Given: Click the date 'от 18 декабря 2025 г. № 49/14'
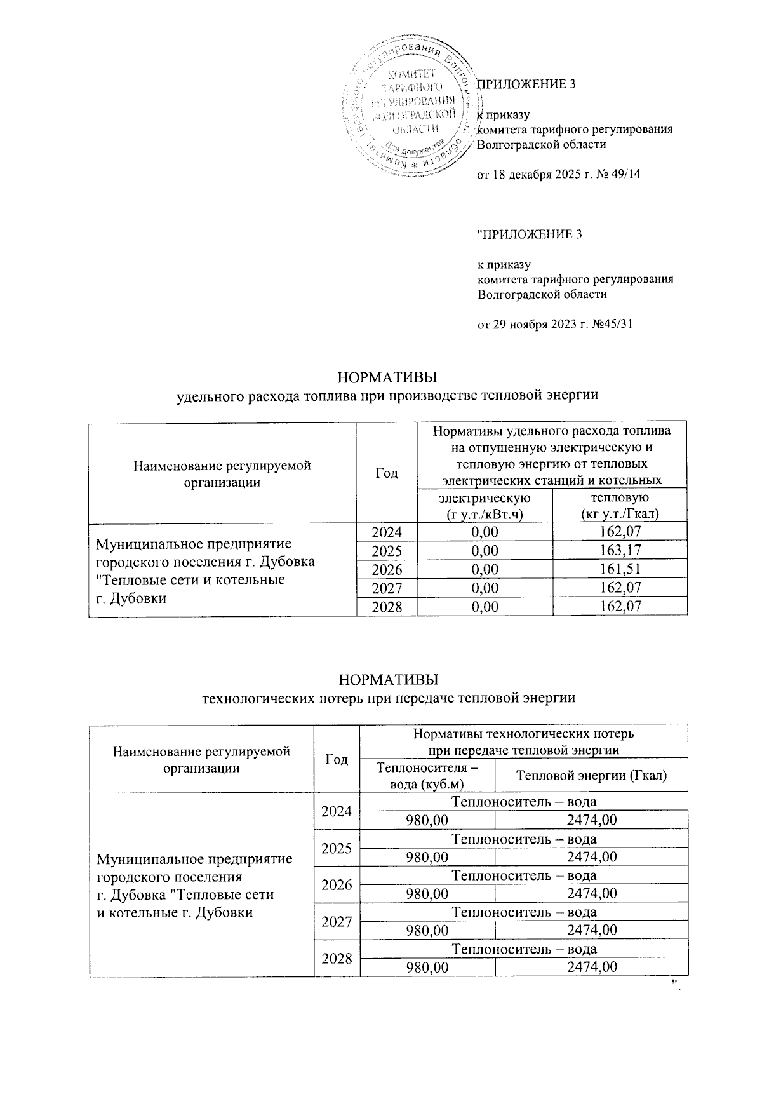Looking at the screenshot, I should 558,174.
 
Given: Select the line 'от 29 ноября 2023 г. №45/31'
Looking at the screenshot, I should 555,325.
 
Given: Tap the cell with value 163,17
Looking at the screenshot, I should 620,550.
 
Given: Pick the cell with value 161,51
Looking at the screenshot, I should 620,569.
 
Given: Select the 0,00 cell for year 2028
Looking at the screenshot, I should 485,606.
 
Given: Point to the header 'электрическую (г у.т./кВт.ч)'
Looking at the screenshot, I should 485,505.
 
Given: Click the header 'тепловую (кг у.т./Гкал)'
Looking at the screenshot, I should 620,505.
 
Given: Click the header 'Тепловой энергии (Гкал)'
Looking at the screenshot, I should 591,775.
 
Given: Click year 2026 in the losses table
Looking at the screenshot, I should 337,884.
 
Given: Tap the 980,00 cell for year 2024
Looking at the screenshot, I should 427,820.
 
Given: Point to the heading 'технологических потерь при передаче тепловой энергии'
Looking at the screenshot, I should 388,698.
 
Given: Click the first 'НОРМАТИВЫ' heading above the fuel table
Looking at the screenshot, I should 388,377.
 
